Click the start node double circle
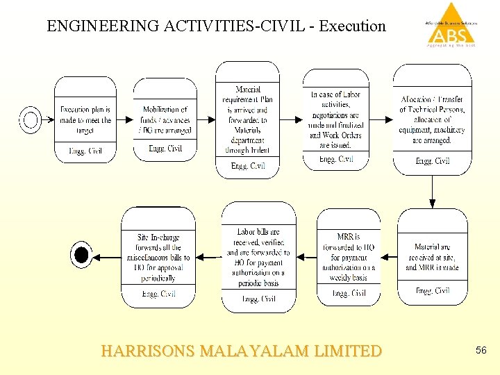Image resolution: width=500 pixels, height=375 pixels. [31, 119]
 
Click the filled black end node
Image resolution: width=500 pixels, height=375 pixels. [81, 256]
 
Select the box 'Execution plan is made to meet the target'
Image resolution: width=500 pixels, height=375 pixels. [85, 119]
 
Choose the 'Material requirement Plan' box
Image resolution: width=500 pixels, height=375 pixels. [247, 119]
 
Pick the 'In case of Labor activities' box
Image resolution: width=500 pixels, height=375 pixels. [335, 119]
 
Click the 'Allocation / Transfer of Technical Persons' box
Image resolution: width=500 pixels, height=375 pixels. [432, 119]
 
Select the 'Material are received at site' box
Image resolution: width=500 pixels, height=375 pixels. [432, 257]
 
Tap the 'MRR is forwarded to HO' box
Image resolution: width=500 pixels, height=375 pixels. [349, 257]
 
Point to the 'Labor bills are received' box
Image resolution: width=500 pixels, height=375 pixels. [258, 257]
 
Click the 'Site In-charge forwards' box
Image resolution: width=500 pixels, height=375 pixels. [158, 257]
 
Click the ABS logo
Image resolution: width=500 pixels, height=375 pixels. [451, 26]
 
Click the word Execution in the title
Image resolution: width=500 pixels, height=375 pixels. [351, 26]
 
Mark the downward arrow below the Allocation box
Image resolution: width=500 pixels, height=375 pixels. [432, 192]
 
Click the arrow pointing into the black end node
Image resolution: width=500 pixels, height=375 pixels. [106, 257]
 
